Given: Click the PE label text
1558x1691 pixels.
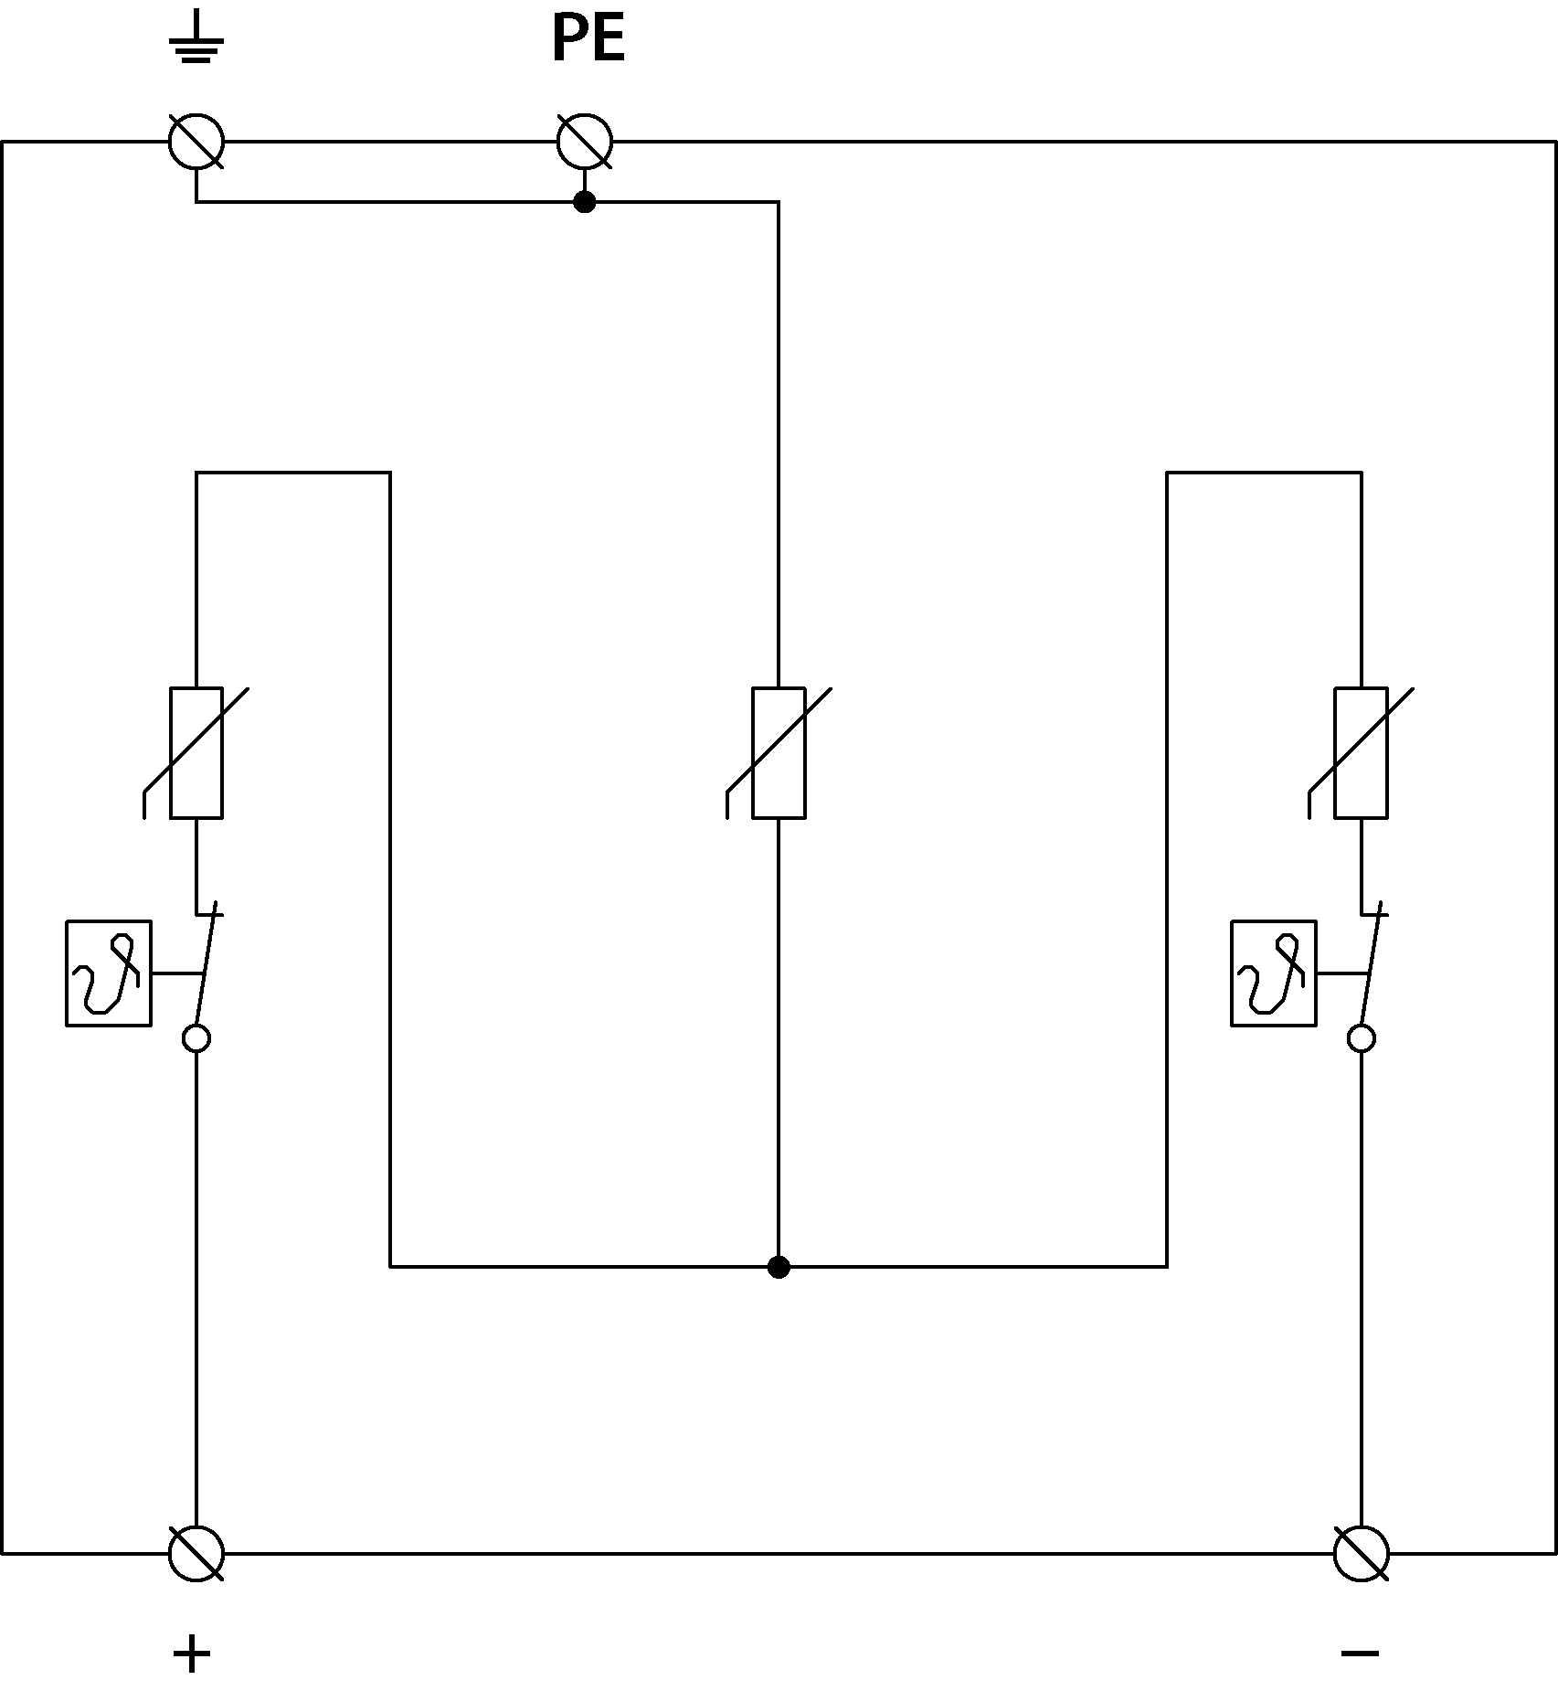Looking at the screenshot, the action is tap(588, 40).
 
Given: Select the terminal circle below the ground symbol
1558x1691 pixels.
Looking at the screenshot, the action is tap(196, 142).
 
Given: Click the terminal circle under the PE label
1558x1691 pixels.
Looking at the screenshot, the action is tap(585, 142).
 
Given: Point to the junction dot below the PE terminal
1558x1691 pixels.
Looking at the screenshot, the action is tap(585, 202).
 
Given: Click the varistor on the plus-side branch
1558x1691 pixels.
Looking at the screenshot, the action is tap(196, 752).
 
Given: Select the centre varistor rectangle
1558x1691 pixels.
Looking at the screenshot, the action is tap(779, 752).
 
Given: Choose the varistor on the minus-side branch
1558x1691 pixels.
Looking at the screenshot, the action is tap(1362, 752).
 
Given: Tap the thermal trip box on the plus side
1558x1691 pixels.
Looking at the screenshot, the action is tap(109, 973).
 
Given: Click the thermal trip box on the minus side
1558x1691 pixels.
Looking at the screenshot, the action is tap(1274, 973).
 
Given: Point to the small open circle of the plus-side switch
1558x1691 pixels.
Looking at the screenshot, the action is tap(196, 1039).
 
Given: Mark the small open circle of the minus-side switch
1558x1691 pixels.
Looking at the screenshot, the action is tap(1362, 1039).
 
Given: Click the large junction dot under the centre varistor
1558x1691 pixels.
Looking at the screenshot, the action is tap(779, 1267).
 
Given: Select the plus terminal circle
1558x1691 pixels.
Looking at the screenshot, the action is tap(196, 1553).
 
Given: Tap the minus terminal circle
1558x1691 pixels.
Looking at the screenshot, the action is tap(1362, 1553).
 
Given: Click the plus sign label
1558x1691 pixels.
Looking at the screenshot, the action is tap(192, 1654).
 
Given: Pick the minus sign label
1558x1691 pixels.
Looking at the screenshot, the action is tap(1361, 1653).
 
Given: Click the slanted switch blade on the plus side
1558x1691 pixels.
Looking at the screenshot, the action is tap(207, 965).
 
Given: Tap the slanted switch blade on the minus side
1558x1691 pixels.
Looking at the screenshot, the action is tap(1373, 965).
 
